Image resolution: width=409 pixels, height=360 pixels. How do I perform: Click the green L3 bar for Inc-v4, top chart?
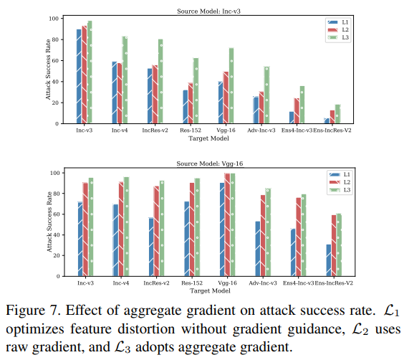pyautogui.click(x=125, y=80)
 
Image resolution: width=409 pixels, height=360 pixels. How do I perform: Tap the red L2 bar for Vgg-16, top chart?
pyautogui.click(x=226, y=98)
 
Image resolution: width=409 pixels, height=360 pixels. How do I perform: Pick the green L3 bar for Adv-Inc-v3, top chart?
pyautogui.click(x=267, y=95)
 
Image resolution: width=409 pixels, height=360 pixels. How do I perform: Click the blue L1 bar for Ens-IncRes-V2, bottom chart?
pyautogui.click(x=329, y=260)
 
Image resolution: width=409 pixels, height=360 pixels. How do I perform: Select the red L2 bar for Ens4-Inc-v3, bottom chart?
pyautogui.click(x=297, y=237)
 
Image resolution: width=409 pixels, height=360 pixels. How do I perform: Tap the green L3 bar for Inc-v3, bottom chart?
pyautogui.click(x=91, y=227)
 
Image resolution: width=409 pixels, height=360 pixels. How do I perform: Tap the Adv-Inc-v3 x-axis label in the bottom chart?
pyautogui.click(x=263, y=283)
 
